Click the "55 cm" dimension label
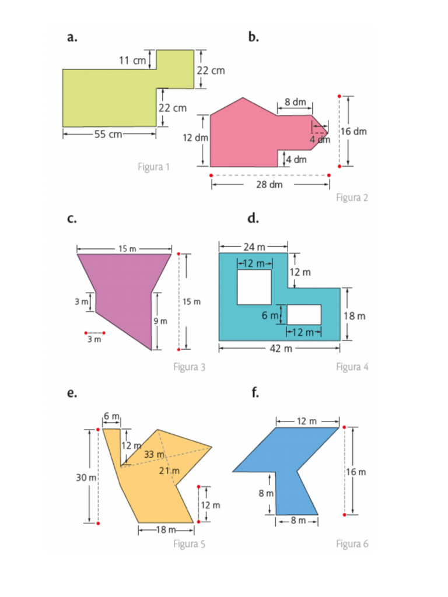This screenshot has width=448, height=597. click(108, 134)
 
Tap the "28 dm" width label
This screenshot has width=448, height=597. click(269, 184)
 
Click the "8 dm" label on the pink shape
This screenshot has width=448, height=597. click(295, 103)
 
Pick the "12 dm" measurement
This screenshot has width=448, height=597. click(195, 138)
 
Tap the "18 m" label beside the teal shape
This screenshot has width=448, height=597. click(355, 316)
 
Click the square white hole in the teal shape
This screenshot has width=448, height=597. click(254, 287)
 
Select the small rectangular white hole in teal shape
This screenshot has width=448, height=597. click(304, 314)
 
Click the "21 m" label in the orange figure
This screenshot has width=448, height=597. click(169, 470)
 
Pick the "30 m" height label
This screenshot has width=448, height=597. click(86, 477)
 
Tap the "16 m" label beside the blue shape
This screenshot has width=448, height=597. click(356, 472)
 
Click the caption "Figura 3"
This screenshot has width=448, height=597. click(189, 367)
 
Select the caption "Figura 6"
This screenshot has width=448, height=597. click(352, 544)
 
